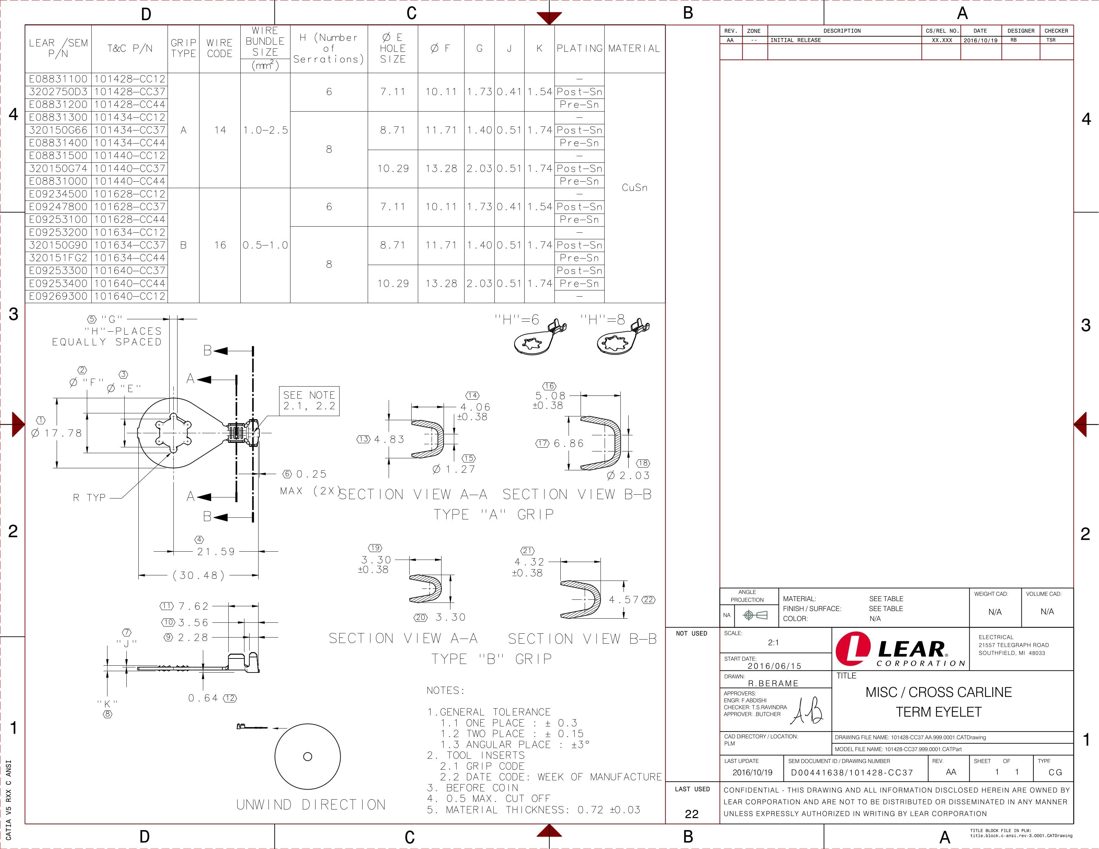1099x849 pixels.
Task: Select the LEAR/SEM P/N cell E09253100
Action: tap(58, 219)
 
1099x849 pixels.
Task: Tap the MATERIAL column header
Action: tap(634, 48)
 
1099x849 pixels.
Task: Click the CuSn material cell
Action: tap(634, 188)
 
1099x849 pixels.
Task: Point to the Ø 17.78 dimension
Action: tap(56, 433)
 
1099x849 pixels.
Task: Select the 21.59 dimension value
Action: tap(216, 552)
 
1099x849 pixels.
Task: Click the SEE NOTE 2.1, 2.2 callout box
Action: tap(309, 401)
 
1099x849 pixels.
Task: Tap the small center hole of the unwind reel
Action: tap(308, 756)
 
